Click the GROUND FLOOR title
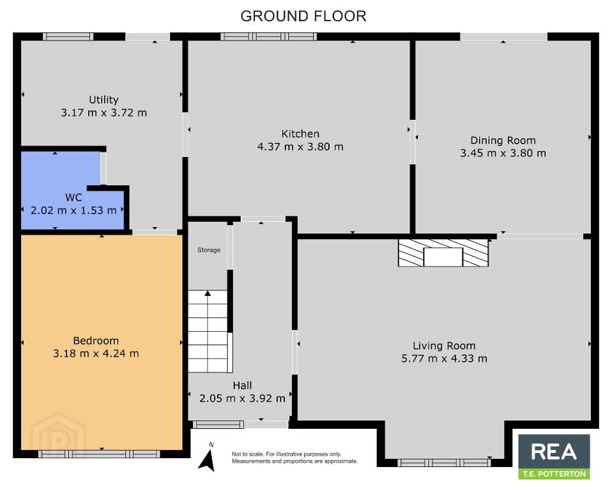pyautogui.click(x=303, y=17)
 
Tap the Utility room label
pyautogui.click(x=103, y=100)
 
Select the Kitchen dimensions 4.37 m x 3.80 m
pyautogui.click(x=300, y=147)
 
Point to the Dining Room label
pyautogui.click(x=503, y=140)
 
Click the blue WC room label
pyautogui.click(x=73, y=197)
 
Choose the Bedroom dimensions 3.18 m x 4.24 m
pyautogui.click(x=96, y=353)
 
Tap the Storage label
pyautogui.click(x=209, y=250)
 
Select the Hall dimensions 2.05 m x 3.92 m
pyautogui.click(x=242, y=398)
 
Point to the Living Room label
pyautogui.click(x=444, y=346)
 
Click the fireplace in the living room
pyautogui.click(x=443, y=253)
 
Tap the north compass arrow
pyautogui.click(x=207, y=460)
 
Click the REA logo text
pyautogui.click(x=554, y=452)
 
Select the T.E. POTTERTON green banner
pyautogui.click(x=555, y=473)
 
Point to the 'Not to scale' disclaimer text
pyautogui.click(x=295, y=457)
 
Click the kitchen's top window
pyautogui.click(x=268, y=36)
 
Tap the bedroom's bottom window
pyautogui.click(x=99, y=454)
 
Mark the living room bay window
pyautogui.click(x=444, y=463)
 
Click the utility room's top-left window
pyautogui.click(x=68, y=36)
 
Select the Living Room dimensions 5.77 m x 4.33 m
pyautogui.click(x=444, y=359)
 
